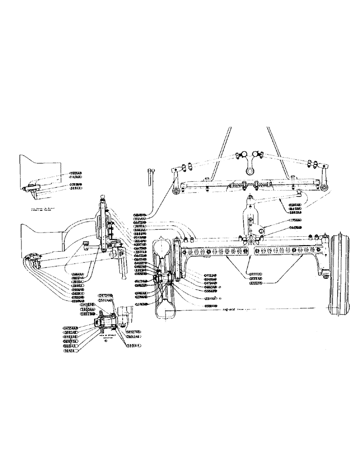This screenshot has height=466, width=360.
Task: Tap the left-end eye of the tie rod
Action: (x=175, y=190)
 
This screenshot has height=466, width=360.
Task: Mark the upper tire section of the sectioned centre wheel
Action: (x=165, y=247)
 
